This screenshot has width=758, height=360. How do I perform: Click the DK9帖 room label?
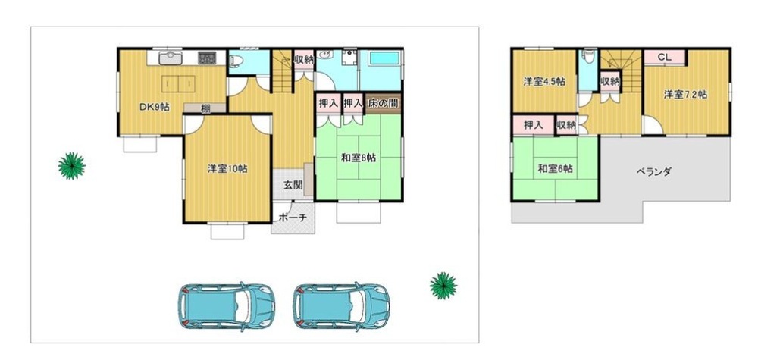[x=154, y=108]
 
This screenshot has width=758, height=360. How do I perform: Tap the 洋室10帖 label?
[x=227, y=169]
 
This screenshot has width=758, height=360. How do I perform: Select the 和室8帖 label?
[x=359, y=158]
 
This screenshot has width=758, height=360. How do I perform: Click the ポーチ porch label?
[x=293, y=218]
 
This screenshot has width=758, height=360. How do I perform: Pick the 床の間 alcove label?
[x=383, y=103]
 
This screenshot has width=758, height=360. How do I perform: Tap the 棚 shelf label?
[x=205, y=108]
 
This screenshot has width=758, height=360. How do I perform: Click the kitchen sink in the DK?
[x=170, y=58]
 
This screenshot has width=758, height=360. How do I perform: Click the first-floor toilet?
[x=236, y=59]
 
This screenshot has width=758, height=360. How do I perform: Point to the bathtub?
[x=384, y=58]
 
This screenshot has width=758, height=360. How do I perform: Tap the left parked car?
[x=226, y=306]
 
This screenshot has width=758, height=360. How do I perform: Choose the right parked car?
[x=341, y=306]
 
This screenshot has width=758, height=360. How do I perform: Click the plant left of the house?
[x=72, y=166]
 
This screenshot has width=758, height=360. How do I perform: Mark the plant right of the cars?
[x=443, y=286]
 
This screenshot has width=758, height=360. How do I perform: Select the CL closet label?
[x=665, y=57]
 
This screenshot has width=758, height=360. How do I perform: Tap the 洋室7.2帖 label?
[x=685, y=95]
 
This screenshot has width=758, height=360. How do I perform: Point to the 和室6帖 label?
[x=556, y=169]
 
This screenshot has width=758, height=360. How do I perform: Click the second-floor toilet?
[x=588, y=58]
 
